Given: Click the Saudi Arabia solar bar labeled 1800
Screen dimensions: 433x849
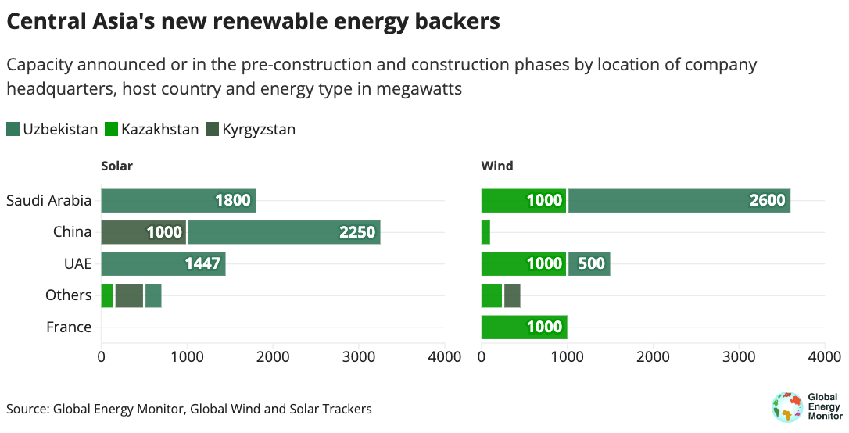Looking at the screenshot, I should click(178, 201).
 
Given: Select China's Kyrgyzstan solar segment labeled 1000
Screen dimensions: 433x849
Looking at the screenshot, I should click(144, 232).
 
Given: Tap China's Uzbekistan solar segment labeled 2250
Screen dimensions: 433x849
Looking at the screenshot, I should click(284, 232).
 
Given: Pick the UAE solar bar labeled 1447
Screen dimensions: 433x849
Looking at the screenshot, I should click(163, 264).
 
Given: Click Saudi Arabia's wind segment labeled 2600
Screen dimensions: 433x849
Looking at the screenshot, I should click(679, 201).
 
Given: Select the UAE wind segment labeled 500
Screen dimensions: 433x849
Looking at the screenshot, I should click(589, 264).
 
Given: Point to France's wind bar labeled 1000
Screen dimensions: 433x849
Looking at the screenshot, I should click(524, 327).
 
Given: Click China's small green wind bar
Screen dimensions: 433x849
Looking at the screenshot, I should click(485, 232).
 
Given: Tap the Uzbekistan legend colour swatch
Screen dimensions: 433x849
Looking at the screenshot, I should click(13, 130).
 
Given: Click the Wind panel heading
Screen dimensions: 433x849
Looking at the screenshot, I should click(497, 166).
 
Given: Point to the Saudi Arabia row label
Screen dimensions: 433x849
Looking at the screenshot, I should click(49, 201).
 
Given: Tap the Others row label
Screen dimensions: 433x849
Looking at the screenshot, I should click(69, 295).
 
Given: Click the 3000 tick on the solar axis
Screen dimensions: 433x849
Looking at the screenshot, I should click(359, 357).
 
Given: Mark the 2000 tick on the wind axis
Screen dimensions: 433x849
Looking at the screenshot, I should click(653, 357).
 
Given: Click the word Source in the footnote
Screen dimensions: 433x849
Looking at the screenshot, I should click(27, 409).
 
